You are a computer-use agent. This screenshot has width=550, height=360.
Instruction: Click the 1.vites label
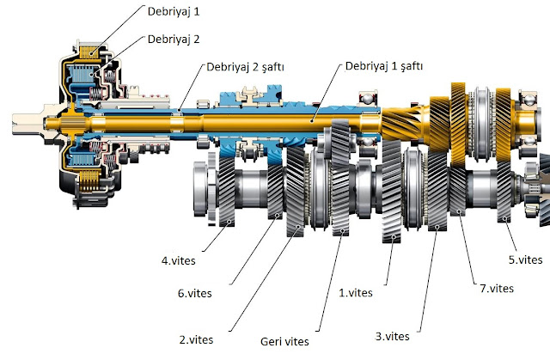(356, 293)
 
